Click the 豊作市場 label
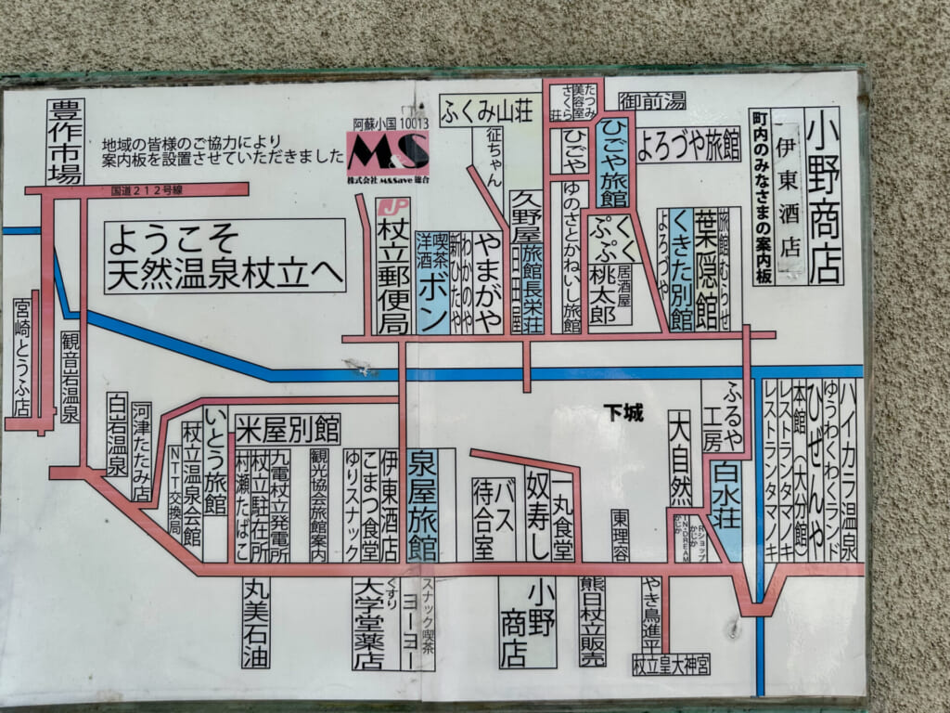(65, 142)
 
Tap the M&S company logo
(388, 149)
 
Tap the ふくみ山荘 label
(477, 110)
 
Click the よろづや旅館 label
(687, 144)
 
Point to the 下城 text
(623, 411)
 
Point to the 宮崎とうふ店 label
(22, 357)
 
